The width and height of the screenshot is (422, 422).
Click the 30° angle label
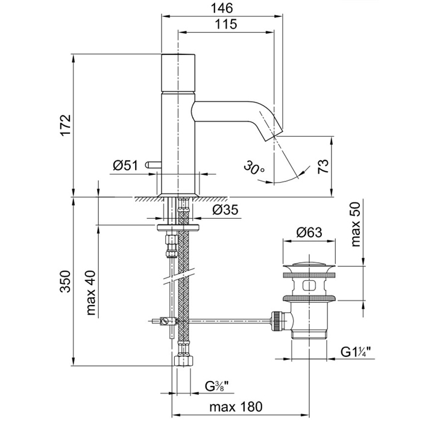[x=254, y=167]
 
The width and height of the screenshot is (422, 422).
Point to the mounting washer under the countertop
[x=178, y=227]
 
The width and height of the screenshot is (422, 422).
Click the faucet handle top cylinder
[x=178, y=72]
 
